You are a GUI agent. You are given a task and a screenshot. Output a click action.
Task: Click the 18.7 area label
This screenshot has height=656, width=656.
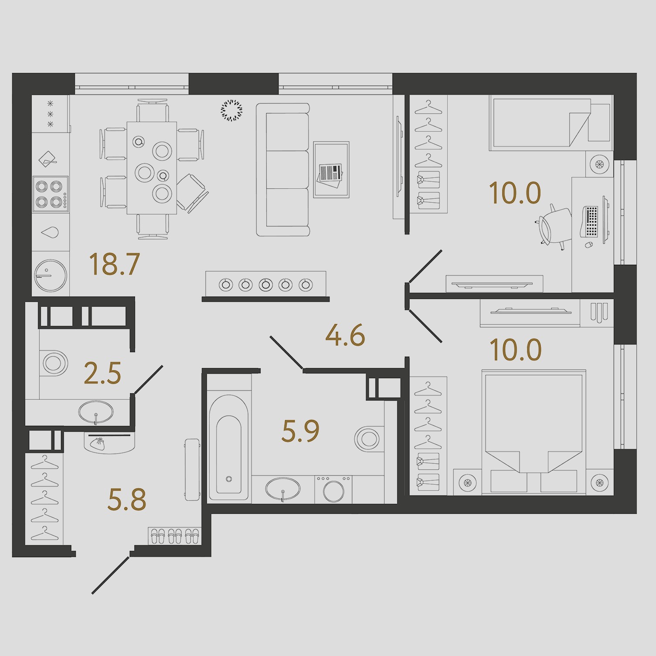114,264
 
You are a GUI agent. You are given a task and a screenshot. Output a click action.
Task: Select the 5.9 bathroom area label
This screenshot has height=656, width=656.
301,431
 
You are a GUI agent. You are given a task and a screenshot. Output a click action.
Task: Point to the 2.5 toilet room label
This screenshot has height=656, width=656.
102,374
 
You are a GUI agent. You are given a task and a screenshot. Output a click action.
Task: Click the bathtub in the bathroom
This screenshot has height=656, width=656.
229,448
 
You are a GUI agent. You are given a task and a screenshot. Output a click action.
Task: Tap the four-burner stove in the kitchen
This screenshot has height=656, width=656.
51,194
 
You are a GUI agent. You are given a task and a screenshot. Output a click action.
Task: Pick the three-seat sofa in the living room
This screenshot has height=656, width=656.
282,170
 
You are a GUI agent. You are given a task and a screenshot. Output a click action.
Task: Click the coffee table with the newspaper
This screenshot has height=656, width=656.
331,170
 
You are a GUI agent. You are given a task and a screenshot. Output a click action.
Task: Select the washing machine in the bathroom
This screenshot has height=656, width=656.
333,489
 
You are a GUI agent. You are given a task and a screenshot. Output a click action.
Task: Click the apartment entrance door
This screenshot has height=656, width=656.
111,575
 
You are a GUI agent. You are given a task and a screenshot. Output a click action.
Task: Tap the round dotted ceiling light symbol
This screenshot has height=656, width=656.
231,110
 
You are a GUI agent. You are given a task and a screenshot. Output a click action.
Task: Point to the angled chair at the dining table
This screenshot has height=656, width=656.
192,193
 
